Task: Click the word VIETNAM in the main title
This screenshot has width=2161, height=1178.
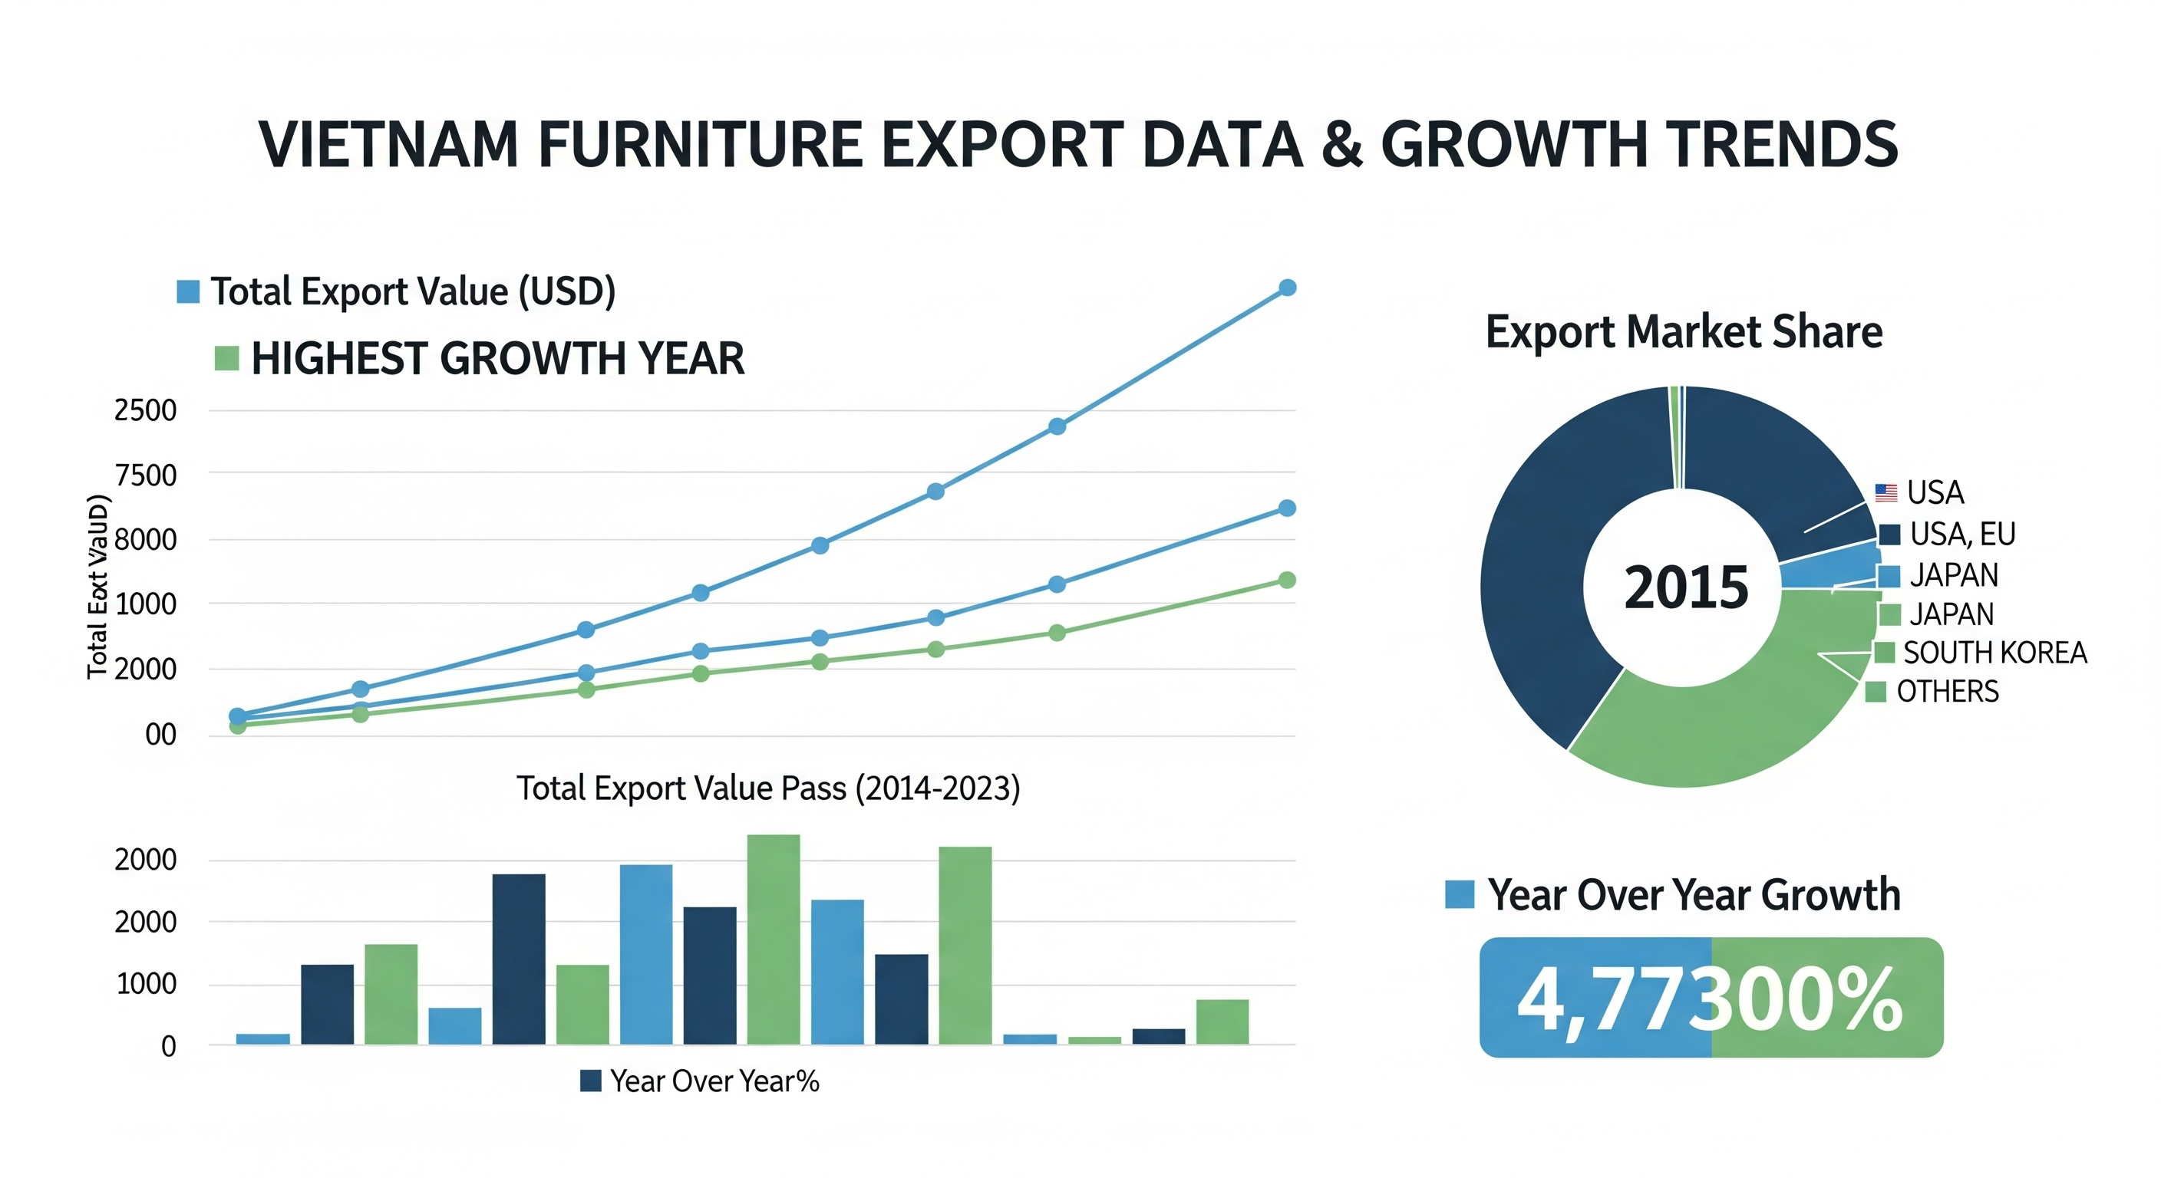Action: [388, 144]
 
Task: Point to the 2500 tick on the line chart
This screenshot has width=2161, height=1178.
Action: [145, 411]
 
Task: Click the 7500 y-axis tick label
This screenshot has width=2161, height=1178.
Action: [145, 475]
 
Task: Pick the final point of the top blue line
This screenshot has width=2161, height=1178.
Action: [1287, 288]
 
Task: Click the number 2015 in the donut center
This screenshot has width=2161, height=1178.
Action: [1686, 587]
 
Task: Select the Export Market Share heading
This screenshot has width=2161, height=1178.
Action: [1684, 331]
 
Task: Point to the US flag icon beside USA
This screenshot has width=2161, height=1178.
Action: [1886, 493]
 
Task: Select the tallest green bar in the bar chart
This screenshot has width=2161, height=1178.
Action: [774, 939]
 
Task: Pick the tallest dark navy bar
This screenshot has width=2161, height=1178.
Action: [519, 959]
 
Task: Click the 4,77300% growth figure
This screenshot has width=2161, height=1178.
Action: [1711, 998]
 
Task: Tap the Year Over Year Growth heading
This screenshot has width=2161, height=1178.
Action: [1693, 894]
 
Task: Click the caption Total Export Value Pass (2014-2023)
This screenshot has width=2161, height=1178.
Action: [767, 788]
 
